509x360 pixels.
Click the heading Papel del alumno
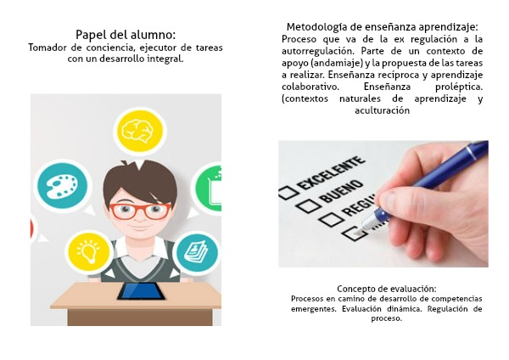126,35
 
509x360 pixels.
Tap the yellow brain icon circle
140,131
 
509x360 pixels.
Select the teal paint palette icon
62,186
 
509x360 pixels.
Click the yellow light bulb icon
88,252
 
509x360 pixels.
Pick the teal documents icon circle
197,253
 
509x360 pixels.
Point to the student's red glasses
140,211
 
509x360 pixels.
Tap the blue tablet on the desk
141,291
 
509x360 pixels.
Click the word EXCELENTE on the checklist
331,173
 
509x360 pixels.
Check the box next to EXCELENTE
288,193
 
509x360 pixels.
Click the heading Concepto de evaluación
386,289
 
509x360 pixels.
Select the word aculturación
382,110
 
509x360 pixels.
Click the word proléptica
459,87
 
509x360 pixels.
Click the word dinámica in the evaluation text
405,309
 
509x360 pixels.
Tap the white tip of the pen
361,229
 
